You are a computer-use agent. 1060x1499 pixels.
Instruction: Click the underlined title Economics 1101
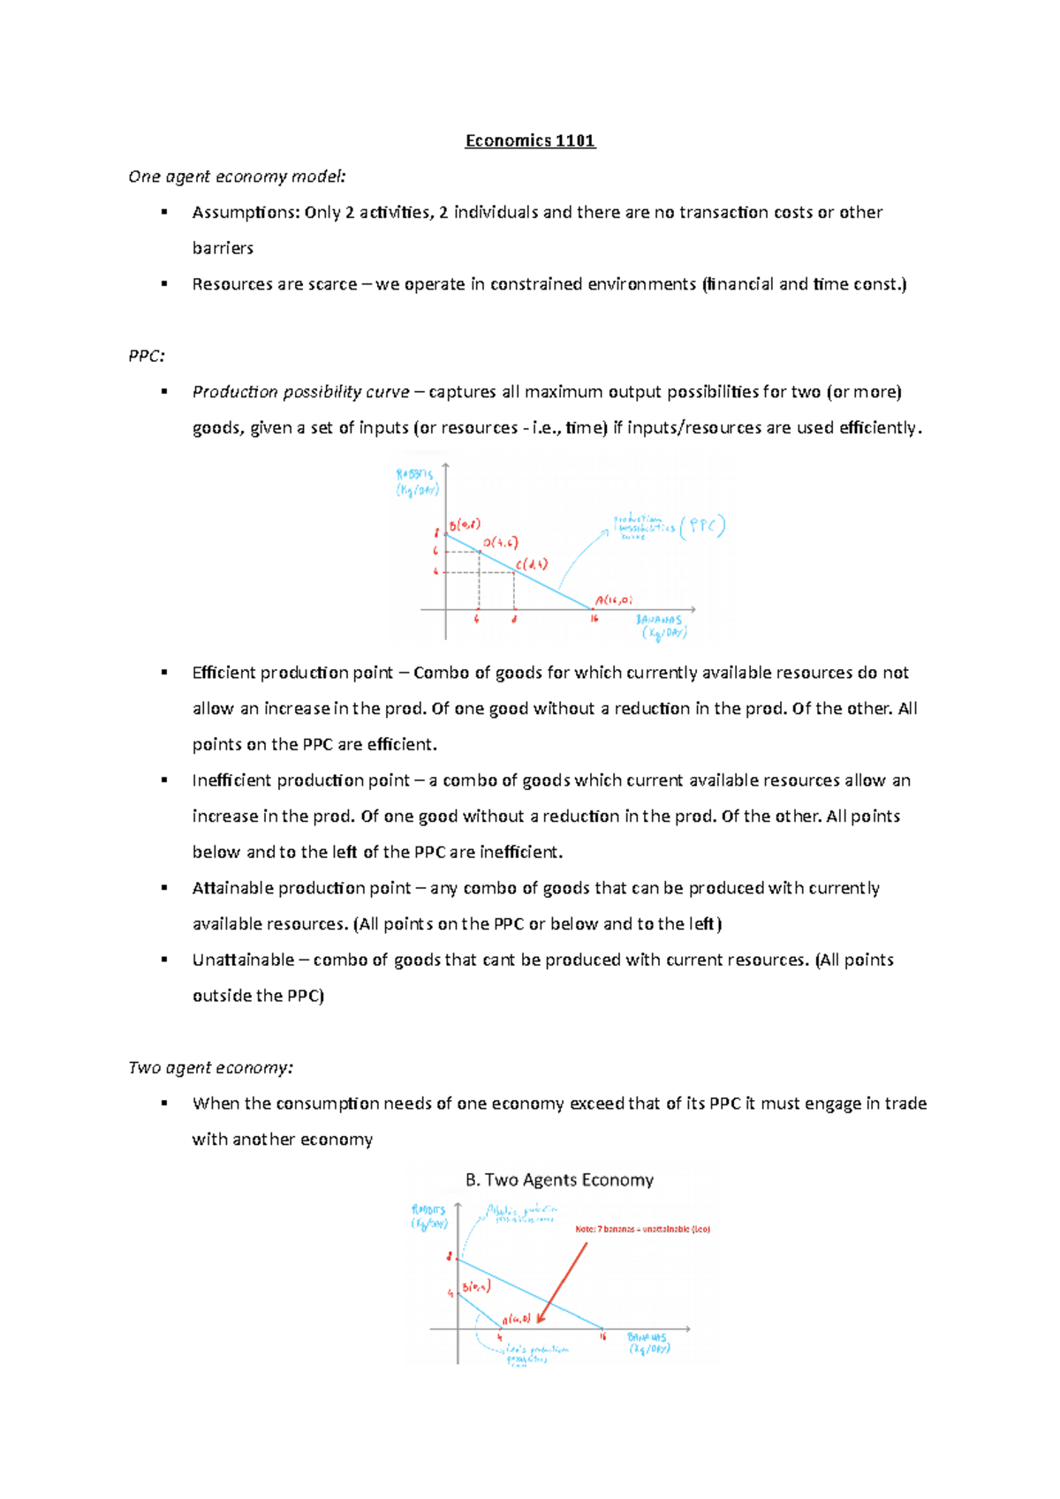click(x=530, y=141)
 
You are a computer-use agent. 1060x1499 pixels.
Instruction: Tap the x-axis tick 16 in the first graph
click(x=594, y=619)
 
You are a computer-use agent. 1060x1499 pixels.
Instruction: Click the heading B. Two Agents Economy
click(x=559, y=1180)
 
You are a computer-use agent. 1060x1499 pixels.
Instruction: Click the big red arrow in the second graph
click(x=563, y=1282)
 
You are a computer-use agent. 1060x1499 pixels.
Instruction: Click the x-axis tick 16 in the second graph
click(x=603, y=1337)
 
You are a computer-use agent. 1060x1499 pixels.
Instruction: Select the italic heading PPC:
click(x=147, y=356)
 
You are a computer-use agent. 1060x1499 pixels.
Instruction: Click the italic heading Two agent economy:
click(x=210, y=1067)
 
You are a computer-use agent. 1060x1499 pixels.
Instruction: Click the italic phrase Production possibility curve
click(x=300, y=392)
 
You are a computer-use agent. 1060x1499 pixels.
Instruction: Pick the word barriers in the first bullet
click(x=223, y=248)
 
